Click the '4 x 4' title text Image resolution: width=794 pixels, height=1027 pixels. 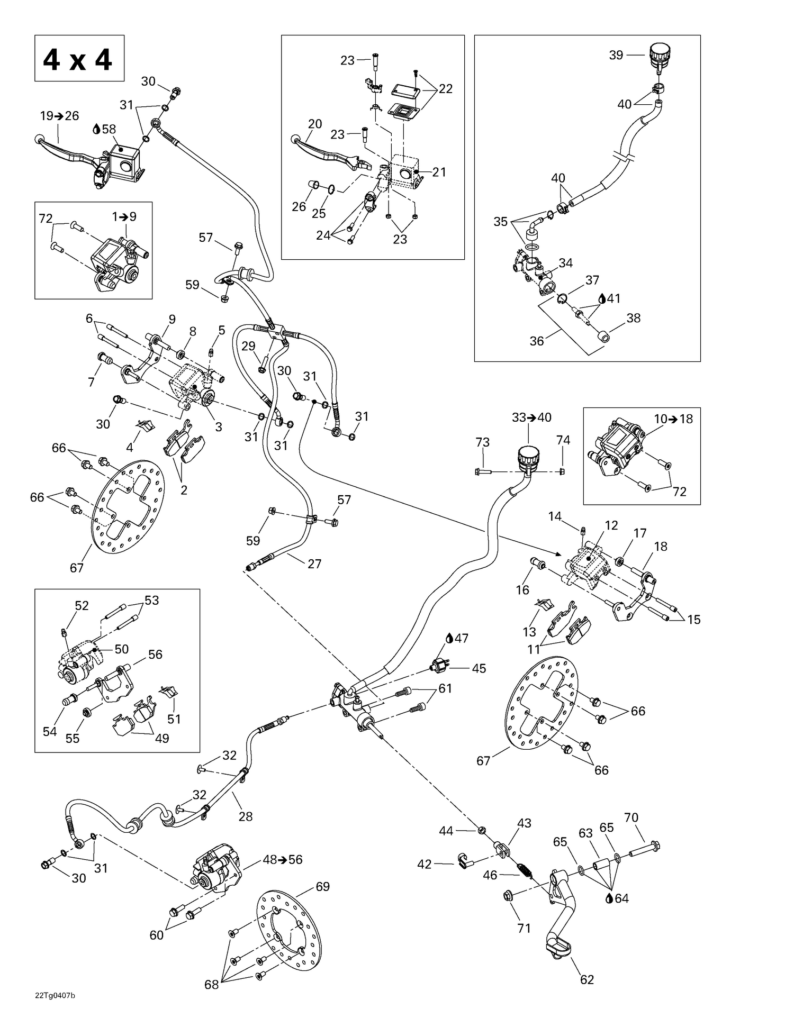pyautogui.click(x=78, y=59)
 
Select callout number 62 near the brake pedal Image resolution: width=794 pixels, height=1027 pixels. pyautogui.click(x=587, y=979)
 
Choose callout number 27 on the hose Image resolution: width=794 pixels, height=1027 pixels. pyautogui.click(x=314, y=564)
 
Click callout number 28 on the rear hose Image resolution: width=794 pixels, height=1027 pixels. pyautogui.click(x=246, y=816)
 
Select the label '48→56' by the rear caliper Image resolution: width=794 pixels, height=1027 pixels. pyautogui.click(x=283, y=859)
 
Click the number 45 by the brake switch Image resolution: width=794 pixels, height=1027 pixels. pyautogui.click(x=479, y=668)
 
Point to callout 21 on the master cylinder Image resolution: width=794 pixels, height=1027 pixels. pyautogui.click(x=439, y=172)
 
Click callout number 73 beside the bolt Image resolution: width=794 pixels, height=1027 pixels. pyautogui.click(x=482, y=442)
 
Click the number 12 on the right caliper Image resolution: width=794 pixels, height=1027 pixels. pyautogui.click(x=611, y=525)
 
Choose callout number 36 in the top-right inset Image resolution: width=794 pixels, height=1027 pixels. pyautogui.click(x=536, y=341)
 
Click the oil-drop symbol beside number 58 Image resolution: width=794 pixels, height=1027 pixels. pyautogui.click(x=96, y=129)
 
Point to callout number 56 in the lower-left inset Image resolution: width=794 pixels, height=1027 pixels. pyautogui.click(x=155, y=655)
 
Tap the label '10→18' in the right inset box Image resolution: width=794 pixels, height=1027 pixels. pyautogui.click(x=673, y=419)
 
